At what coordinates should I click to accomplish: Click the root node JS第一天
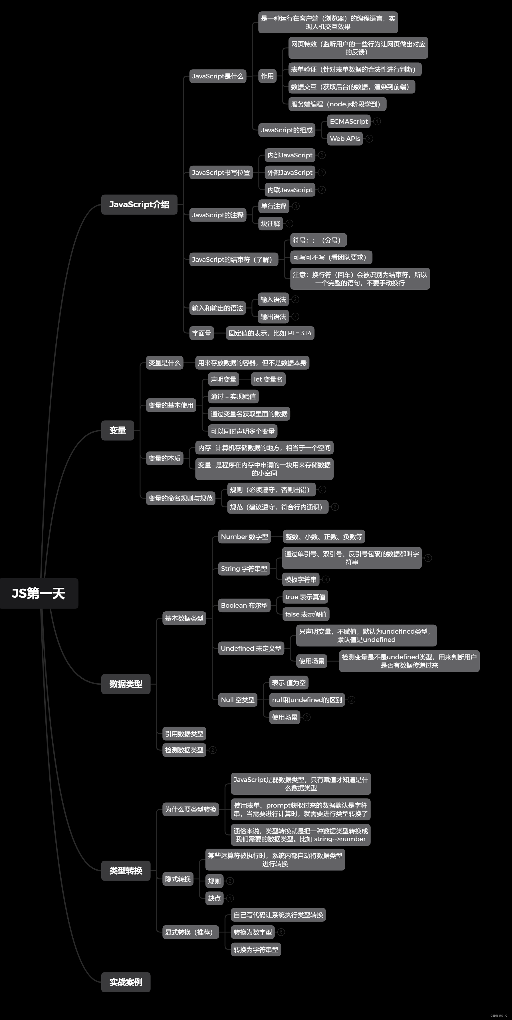click(x=39, y=593)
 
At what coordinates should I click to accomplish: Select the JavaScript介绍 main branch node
click(x=139, y=204)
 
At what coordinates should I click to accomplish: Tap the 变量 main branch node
click(x=118, y=430)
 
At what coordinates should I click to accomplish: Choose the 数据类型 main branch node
click(x=126, y=684)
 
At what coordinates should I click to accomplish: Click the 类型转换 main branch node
click(x=126, y=870)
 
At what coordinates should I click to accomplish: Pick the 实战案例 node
click(x=126, y=982)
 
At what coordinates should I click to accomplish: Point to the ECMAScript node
click(x=349, y=121)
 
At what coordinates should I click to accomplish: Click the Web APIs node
click(x=345, y=139)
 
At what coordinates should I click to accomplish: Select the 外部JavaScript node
click(x=290, y=173)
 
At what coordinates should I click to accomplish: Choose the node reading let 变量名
click(x=268, y=379)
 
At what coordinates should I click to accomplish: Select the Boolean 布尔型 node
click(x=244, y=605)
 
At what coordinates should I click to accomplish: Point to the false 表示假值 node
click(x=306, y=614)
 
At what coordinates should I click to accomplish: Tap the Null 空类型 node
click(x=238, y=700)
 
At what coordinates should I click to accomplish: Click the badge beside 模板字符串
click(x=326, y=580)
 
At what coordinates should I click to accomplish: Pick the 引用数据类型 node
click(x=184, y=734)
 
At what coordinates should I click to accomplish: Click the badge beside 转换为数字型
click(x=281, y=932)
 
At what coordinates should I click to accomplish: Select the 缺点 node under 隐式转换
click(x=214, y=898)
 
